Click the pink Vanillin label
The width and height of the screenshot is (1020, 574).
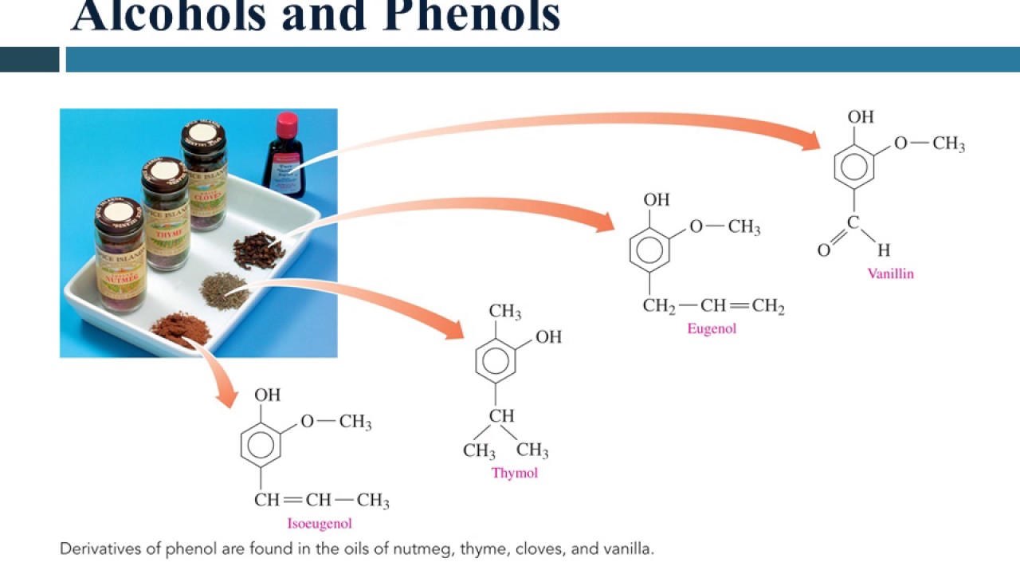point(890,273)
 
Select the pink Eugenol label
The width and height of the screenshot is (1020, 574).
point(712,328)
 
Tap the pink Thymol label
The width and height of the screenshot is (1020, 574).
point(514,473)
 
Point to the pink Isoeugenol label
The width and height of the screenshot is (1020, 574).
point(320,524)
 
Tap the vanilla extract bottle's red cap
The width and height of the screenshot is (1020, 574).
point(287,124)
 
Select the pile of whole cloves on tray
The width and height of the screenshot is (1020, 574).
point(259,250)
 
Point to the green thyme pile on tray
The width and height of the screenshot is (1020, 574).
point(224,289)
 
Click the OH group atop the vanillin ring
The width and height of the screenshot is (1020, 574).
point(861,117)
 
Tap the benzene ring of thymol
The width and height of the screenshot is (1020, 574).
point(496,363)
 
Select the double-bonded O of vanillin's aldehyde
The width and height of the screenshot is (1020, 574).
point(825,250)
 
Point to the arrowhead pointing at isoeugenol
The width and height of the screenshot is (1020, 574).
point(227,395)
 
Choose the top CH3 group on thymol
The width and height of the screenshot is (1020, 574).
point(505,311)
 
